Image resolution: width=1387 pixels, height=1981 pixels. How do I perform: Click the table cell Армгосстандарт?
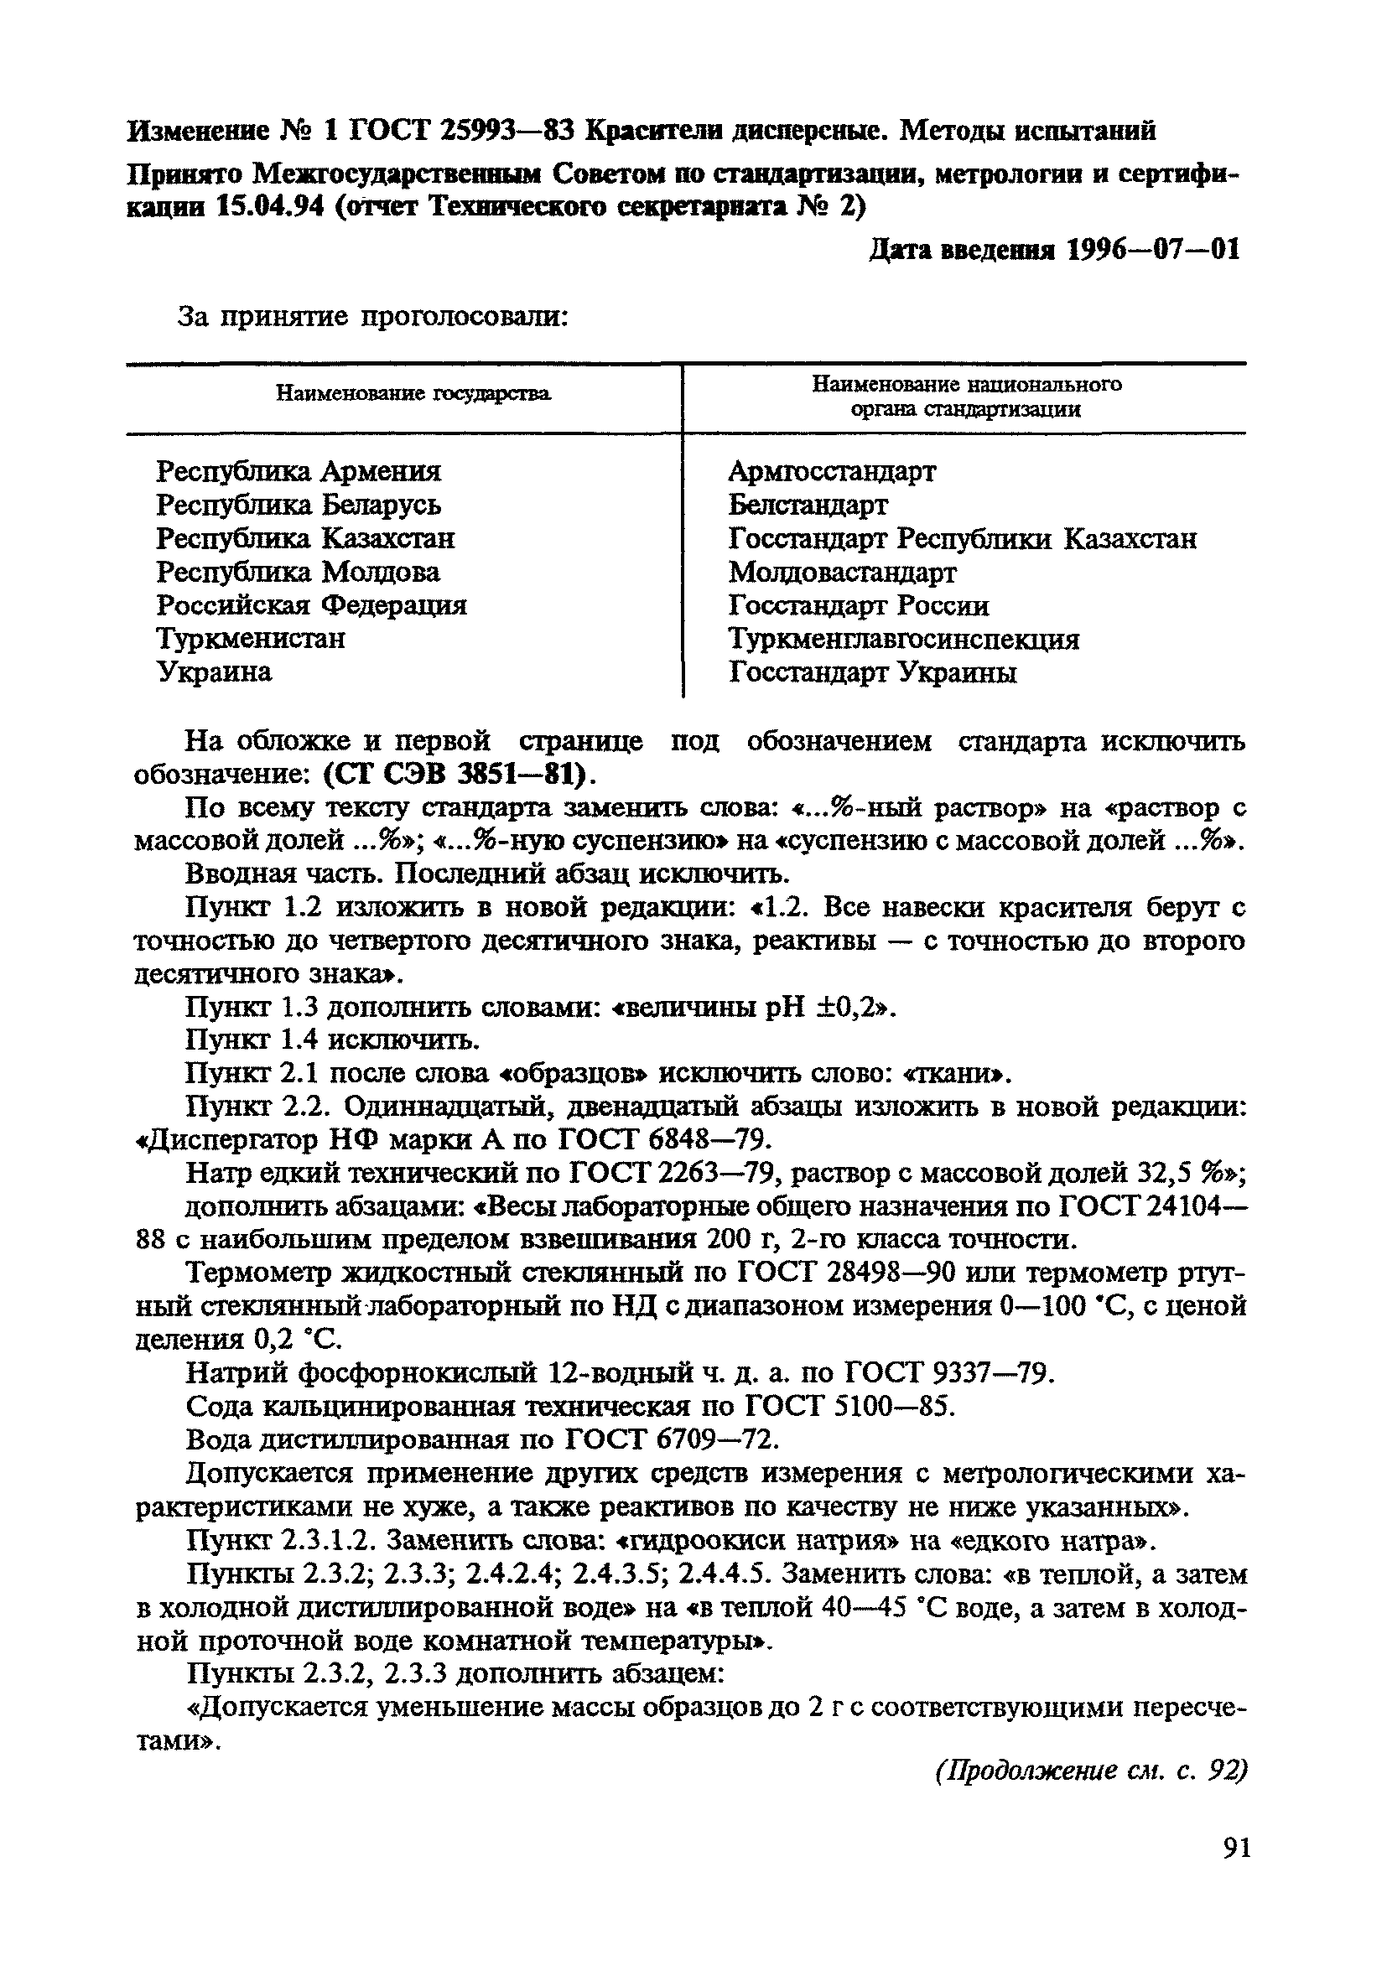831,472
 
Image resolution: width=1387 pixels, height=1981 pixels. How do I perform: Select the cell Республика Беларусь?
298,505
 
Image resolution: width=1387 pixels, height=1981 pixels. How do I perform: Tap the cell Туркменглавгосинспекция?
903,640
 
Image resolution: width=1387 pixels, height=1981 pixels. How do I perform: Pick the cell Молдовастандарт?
842,572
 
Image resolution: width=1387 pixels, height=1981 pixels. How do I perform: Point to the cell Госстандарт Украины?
872,673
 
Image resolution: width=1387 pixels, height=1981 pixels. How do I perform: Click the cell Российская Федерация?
311,605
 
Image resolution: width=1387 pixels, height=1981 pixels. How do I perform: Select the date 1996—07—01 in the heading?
1153,250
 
